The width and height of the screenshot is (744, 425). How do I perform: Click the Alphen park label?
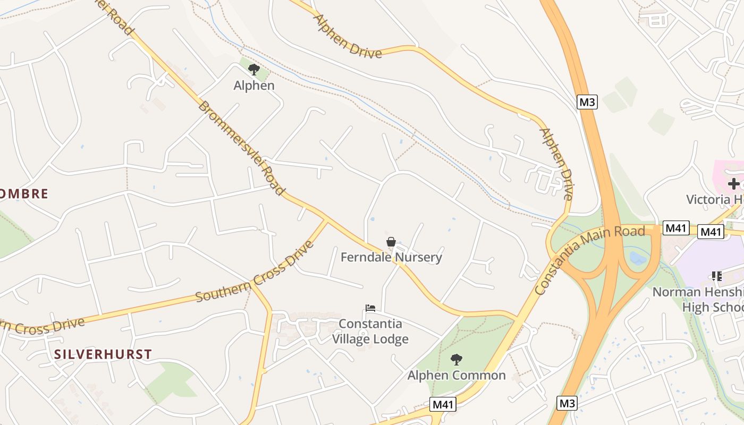[254, 86]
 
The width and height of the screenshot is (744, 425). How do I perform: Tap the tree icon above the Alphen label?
[254, 69]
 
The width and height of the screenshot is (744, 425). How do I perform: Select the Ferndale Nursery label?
[391, 258]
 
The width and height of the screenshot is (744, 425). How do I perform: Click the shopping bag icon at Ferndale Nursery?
[391, 242]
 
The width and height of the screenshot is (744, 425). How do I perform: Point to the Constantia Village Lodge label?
[370, 331]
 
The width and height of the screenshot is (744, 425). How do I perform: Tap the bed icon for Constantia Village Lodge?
[370, 308]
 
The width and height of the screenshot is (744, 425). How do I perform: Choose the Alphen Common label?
[456, 376]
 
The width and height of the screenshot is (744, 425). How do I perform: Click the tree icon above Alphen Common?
[456, 360]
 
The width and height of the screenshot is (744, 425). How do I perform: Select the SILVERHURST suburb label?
[103, 354]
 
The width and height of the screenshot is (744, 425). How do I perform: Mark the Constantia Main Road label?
[589, 259]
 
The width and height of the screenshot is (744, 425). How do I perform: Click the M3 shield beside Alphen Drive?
[587, 102]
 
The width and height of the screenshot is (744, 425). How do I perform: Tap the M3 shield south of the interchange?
[568, 403]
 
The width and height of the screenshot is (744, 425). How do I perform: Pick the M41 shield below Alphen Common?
[443, 404]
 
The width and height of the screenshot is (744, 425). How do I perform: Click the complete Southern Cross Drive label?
[255, 273]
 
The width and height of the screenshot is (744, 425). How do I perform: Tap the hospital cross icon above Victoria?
[734, 184]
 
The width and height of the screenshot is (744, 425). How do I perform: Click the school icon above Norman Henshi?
[717, 276]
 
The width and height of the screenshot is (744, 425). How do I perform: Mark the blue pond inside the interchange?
[638, 258]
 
